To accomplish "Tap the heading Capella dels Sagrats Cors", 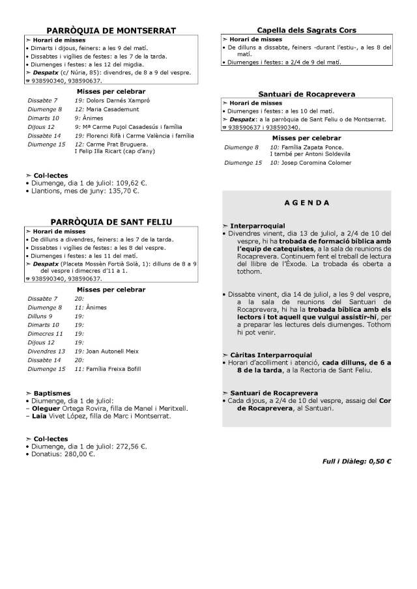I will (306, 30).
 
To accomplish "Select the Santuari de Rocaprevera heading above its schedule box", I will (306, 94).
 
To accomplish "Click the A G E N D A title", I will (307, 203).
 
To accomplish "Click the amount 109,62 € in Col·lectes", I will (131, 184).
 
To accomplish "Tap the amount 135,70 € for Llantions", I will (120, 191).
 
